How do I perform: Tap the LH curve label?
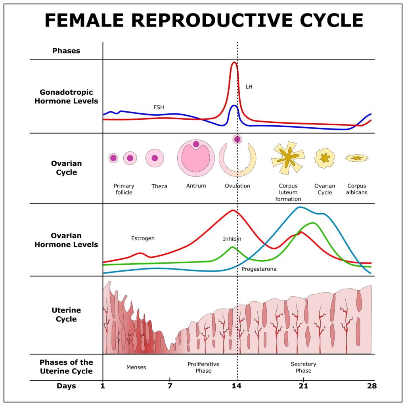tap(249, 86)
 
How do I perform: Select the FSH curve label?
tap(159, 107)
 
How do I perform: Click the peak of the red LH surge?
tap(234, 62)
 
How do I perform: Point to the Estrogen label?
tap(143, 238)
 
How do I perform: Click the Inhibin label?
tap(232, 239)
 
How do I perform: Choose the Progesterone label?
tap(259, 269)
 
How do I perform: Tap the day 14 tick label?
tap(237, 386)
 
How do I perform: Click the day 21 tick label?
tap(303, 386)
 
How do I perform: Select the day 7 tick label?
tap(170, 386)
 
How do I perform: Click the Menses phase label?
tap(136, 367)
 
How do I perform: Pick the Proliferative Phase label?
tap(203, 367)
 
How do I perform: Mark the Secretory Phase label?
tap(303, 367)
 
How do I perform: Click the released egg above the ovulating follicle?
tap(237, 139)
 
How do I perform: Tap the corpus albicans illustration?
tap(356, 158)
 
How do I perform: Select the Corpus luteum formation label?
tap(288, 192)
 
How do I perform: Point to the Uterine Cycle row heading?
tap(66, 314)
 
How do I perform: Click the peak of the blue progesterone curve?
tap(300, 207)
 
